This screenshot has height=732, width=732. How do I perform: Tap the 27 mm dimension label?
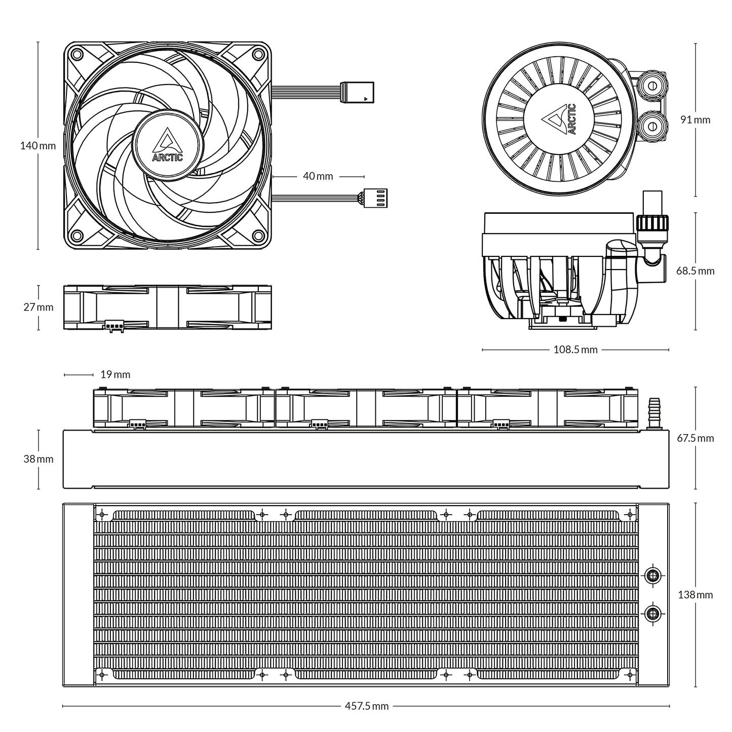coord(38,307)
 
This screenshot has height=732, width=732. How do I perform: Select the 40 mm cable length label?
coord(318,176)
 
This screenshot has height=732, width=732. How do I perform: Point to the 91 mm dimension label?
coord(695,120)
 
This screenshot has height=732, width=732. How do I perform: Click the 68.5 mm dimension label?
coord(695,271)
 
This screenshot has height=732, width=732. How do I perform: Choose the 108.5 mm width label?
coord(575,350)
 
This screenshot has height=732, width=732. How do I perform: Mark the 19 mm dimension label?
coord(115,375)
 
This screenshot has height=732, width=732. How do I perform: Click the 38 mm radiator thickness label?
coord(38,459)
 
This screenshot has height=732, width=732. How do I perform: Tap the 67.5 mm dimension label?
coord(695,438)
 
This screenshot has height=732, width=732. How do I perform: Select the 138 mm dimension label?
coord(695,595)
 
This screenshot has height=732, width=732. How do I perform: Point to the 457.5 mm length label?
coord(366,706)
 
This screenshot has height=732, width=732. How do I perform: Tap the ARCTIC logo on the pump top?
coord(559,120)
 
